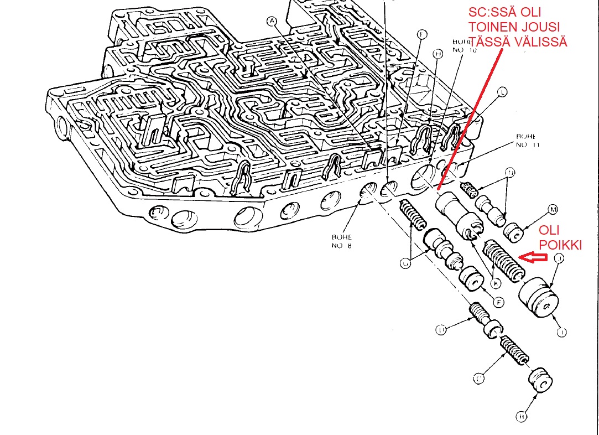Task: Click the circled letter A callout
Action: point(271,22)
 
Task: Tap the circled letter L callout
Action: point(502,93)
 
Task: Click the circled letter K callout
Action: point(496,283)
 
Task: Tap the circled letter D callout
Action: point(441,330)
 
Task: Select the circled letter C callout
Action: point(479,379)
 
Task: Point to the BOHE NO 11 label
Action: point(528,140)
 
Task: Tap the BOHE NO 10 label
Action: point(464,45)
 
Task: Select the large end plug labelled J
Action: point(540,298)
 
